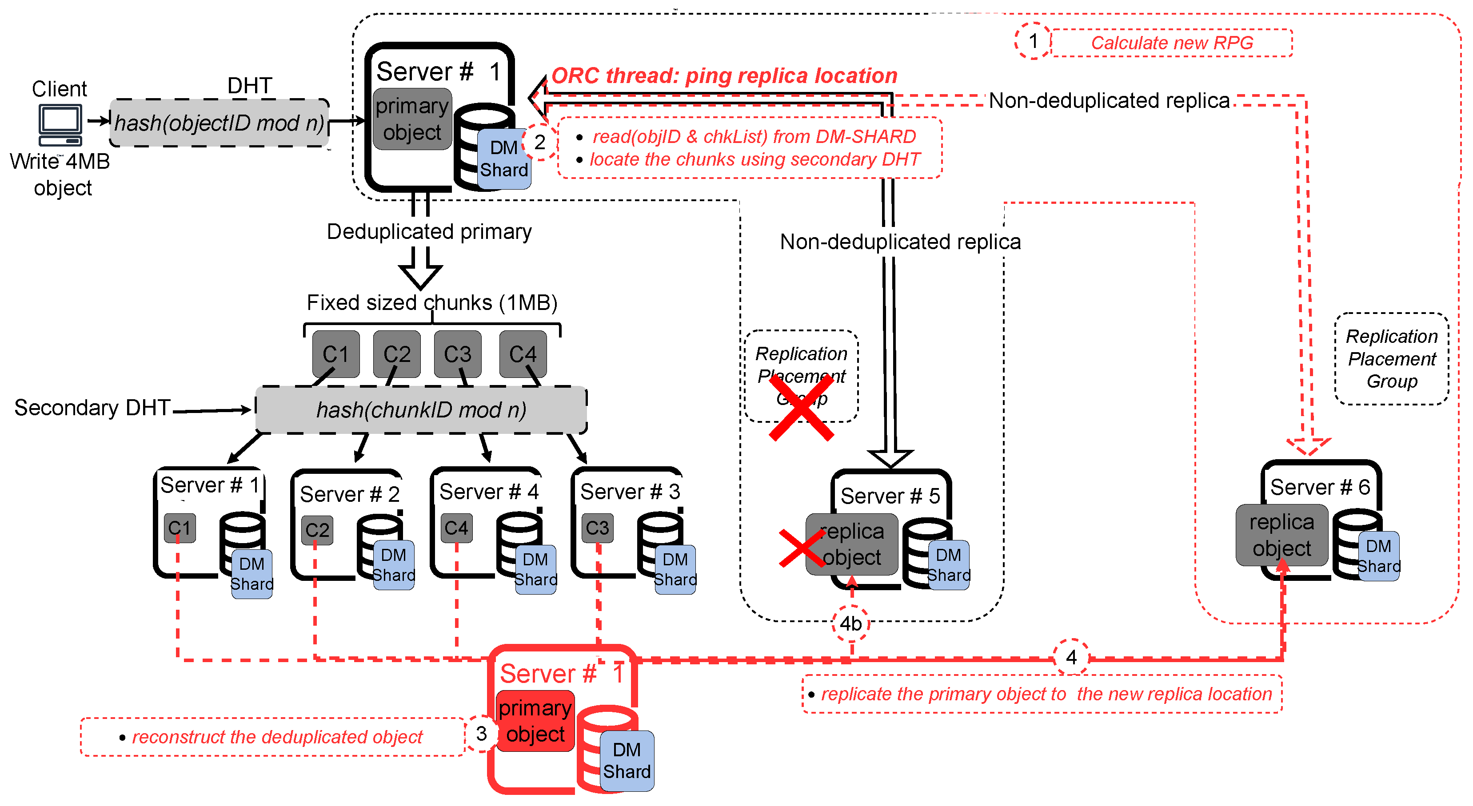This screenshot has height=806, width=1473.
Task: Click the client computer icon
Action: (60, 125)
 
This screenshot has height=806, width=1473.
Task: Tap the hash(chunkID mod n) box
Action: (421, 410)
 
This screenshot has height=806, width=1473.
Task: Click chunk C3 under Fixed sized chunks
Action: (458, 354)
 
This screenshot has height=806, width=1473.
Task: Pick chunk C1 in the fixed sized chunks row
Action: (335, 354)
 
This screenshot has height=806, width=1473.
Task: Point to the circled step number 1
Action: (1033, 41)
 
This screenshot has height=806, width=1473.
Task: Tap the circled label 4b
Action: (850, 623)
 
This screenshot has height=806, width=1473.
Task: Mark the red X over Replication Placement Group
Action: (801, 407)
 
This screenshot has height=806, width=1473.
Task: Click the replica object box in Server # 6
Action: (1281, 535)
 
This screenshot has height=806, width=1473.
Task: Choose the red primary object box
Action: (535, 721)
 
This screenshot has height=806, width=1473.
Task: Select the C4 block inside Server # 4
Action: (456, 528)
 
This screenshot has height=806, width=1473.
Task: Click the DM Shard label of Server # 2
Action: (393, 565)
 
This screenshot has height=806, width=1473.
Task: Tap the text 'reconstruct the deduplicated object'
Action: (277, 737)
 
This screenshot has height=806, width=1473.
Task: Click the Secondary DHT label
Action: (92, 408)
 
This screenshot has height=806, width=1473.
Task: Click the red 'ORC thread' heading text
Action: (723, 75)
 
